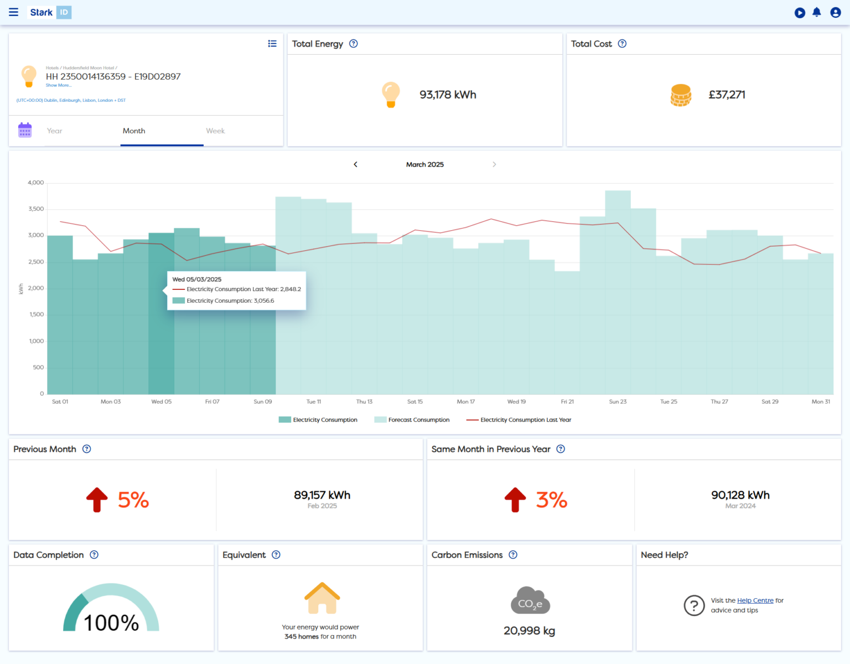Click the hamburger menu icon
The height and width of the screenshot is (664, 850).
coord(13,12)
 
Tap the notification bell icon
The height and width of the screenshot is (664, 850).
coord(817,12)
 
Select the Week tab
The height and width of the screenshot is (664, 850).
coord(215,131)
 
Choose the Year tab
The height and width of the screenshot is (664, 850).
coord(55,131)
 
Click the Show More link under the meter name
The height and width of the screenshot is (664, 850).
coord(58,85)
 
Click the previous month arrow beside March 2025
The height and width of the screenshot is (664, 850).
coord(355,164)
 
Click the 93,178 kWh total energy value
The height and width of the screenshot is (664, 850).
coord(448,95)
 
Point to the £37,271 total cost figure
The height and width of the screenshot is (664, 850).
coord(727,95)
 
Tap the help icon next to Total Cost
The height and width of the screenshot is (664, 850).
coord(622,44)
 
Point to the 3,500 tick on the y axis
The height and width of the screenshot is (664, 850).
coord(36,209)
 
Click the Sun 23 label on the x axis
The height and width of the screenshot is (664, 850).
coord(618,402)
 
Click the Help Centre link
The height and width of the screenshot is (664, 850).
coord(755,600)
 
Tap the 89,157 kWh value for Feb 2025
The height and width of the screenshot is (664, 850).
coord(322,495)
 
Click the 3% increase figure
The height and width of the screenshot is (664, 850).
coord(551,500)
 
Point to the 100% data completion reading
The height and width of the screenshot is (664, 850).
coord(111,623)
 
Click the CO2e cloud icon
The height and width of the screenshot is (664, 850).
coord(530,601)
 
